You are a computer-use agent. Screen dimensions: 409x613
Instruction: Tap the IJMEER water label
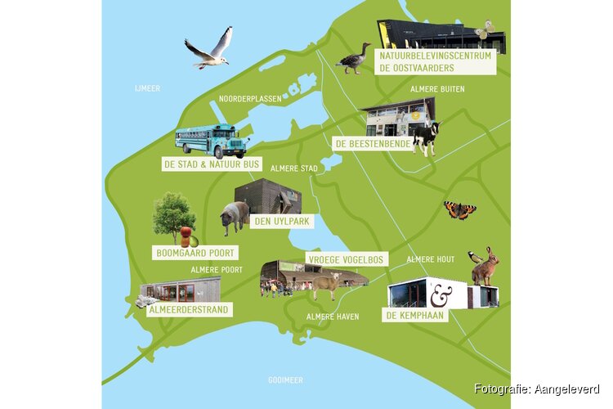pyautogui.click(x=149, y=88)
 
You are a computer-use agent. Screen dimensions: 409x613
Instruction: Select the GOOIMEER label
pyautogui.click(x=285, y=380)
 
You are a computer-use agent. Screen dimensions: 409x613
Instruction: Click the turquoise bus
pyautogui.click(x=212, y=140)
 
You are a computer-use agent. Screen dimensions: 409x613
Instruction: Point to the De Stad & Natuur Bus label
pyautogui.click(x=212, y=164)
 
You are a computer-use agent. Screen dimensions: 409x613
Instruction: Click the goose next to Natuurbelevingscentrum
pyautogui.click(x=354, y=60)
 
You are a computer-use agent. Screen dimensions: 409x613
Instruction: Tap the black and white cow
pyautogui.click(x=425, y=137)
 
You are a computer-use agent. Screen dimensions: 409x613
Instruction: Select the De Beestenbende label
pyautogui.click(x=372, y=143)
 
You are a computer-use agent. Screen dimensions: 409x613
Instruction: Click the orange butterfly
pyautogui.click(x=459, y=210)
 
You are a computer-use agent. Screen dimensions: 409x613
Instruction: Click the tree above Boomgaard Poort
pyautogui.click(x=173, y=214)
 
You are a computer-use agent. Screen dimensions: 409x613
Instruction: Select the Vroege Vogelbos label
pyautogui.click(x=345, y=259)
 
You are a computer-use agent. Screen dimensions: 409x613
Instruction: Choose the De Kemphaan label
pyautogui.click(x=415, y=314)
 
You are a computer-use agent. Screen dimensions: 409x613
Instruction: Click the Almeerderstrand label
pyautogui.click(x=187, y=309)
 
